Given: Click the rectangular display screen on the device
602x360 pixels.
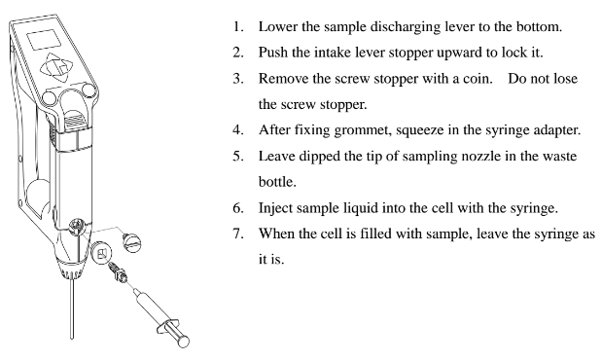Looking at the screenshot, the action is (44, 39).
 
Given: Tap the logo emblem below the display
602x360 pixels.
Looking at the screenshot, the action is (56, 67).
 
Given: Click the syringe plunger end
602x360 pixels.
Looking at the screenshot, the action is (184, 341).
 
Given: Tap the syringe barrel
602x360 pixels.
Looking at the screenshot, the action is (149, 306).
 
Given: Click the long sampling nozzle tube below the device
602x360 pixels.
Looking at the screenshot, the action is (72, 308).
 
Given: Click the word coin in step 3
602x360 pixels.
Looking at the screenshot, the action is (478, 79).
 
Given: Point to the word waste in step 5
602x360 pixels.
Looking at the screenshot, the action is (559, 157).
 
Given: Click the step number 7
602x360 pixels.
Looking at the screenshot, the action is (238, 234).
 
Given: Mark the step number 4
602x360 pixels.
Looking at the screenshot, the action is (238, 130).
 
